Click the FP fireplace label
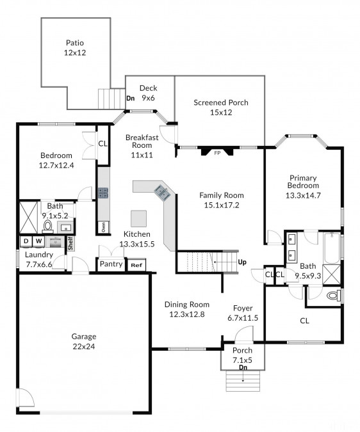click(x=218, y=153)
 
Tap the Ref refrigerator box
click(x=136, y=266)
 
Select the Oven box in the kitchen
click(x=104, y=227)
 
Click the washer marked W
click(x=39, y=241)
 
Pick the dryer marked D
click(x=26, y=241)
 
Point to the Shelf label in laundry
click(x=70, y=243)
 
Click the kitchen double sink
click(x=162, y=192)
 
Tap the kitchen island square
click(x=138, y=218)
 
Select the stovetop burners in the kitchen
click(x=103, y=193)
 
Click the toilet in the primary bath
click(x=334, y=296)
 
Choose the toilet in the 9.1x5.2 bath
click(x=47, y=226)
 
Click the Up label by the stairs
click(x=242, y=262)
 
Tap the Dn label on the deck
click(x=131, y=98)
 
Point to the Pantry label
click(x=111, y=264)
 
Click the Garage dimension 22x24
click(x=84, y=346)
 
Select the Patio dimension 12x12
click(x=75, y=52)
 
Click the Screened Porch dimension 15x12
click(x=221, y=113)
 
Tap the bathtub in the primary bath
click(x=332, y=248)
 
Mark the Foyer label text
click(x=243, y=308)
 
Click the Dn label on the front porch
click(x=243, y=367)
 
